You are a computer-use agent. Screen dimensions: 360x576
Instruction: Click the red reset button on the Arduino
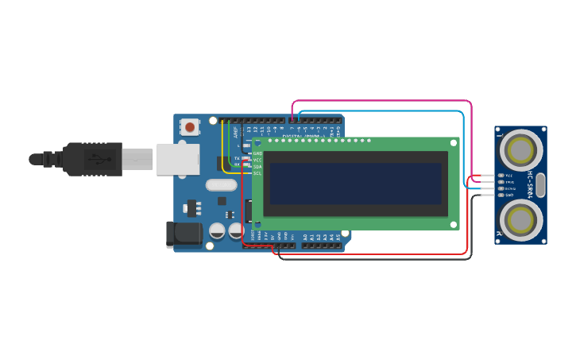189,126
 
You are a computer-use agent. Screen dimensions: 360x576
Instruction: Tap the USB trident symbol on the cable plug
94,157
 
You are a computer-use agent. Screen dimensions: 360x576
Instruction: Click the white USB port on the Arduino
177,159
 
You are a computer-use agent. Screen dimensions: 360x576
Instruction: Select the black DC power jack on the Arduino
182,234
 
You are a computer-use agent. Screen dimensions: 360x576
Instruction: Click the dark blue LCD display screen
355,184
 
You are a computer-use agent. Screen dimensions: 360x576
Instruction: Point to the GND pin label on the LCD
258,153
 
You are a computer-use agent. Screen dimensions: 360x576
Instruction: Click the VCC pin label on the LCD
258,160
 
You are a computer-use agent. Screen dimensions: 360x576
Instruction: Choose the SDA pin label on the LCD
258,166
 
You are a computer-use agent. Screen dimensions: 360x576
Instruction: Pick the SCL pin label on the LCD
258,172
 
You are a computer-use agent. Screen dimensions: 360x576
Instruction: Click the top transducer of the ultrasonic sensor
521,149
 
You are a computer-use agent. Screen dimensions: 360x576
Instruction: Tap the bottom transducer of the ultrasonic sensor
521,218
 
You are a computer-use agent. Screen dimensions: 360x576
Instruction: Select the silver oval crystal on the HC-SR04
540,184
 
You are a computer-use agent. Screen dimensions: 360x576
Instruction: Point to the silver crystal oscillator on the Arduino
221,185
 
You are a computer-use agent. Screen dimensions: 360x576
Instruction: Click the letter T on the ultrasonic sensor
500,136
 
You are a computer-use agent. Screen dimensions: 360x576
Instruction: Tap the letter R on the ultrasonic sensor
500,233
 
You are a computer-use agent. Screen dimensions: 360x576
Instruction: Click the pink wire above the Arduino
381,101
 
